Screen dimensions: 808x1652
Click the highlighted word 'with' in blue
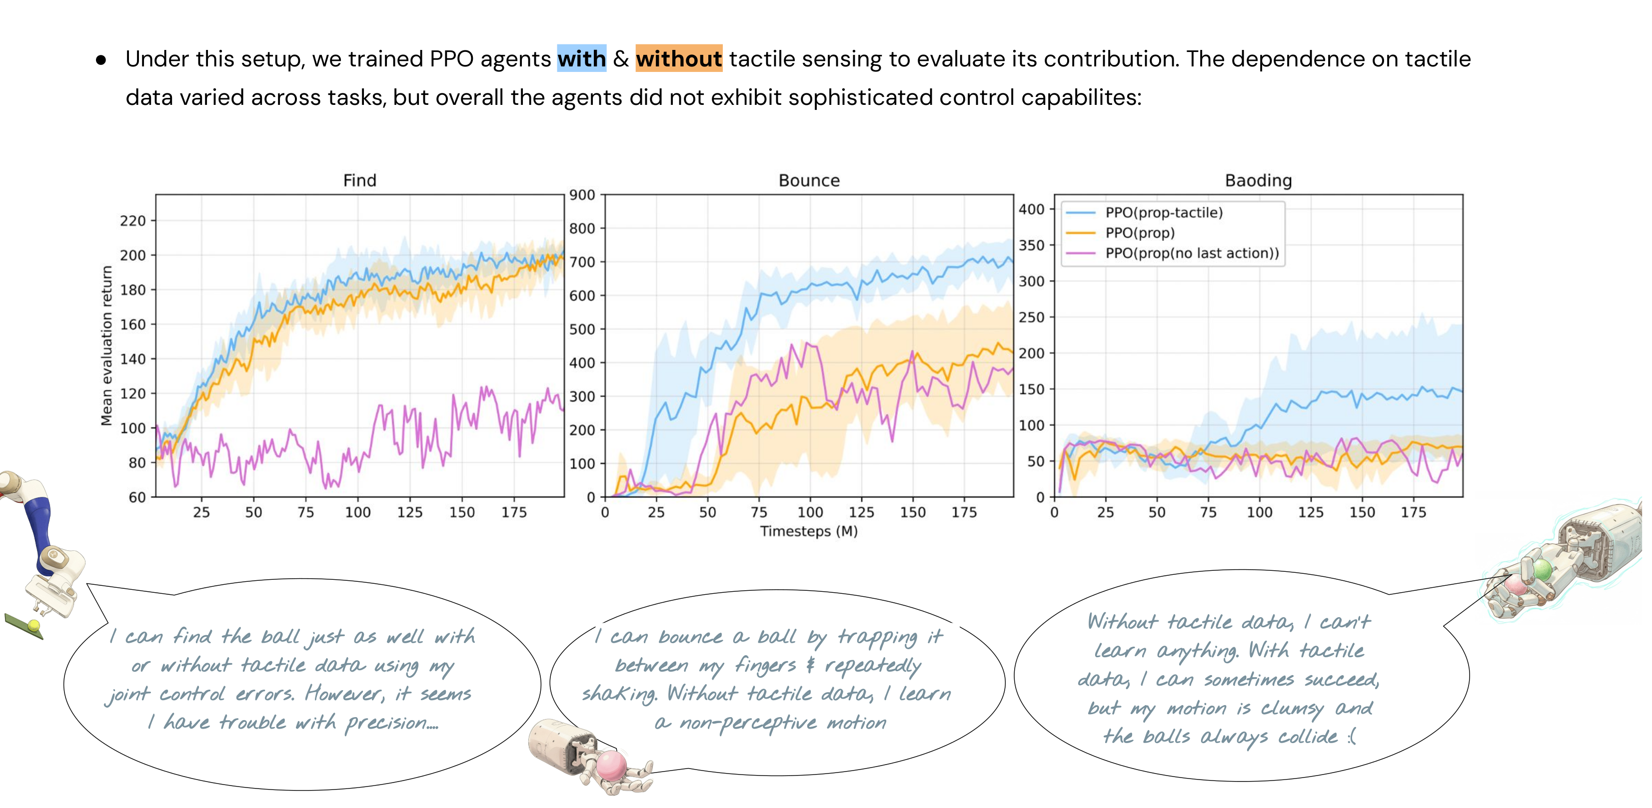(581, 59)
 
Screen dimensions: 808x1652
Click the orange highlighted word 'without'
(678, 59)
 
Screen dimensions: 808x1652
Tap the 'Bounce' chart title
(808, 180)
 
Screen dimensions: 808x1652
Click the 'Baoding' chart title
(1258, 180)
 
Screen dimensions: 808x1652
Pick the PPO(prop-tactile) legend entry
(1163, 212)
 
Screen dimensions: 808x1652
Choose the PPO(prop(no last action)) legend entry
(1191, 253)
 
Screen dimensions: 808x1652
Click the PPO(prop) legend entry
(1139, 233)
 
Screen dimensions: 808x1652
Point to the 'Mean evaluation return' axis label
(106, 346)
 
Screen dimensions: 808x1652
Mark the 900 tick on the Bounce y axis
(582, 195)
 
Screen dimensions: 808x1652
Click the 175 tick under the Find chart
(514, 512)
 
